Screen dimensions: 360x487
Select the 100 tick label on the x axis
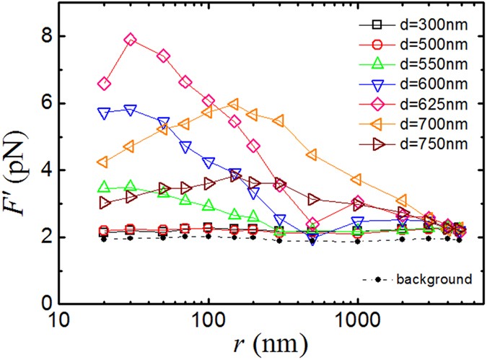(x=209, y=321)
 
